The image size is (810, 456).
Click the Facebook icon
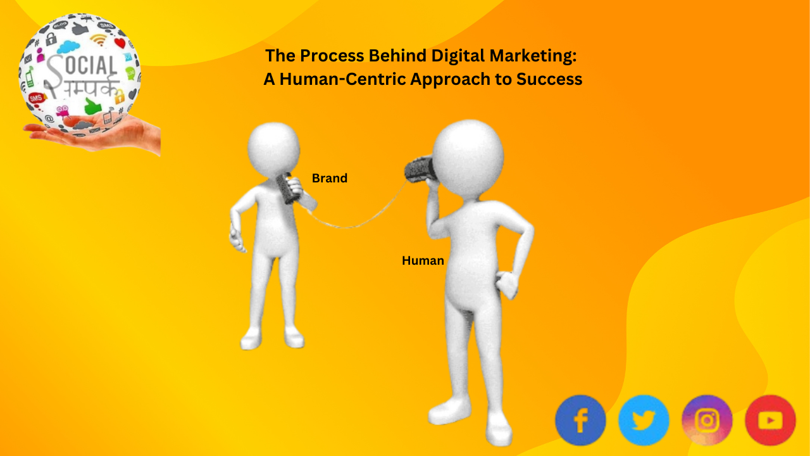click(x=580, y=421)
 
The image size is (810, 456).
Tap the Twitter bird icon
click(x=644, y=421)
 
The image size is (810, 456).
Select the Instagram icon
click(x=707, y=421)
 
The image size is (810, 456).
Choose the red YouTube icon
click(x=770, y=421)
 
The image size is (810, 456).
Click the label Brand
click(x=330, y=179)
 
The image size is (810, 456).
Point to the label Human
click(x=423, y=260)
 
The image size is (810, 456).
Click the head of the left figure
click(x=273, y=148)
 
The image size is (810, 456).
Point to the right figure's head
click(x=468, y=155)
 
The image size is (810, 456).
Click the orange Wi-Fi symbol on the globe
click(x=98, y=40)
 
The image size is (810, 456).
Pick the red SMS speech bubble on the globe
click(x=37, y=97)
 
